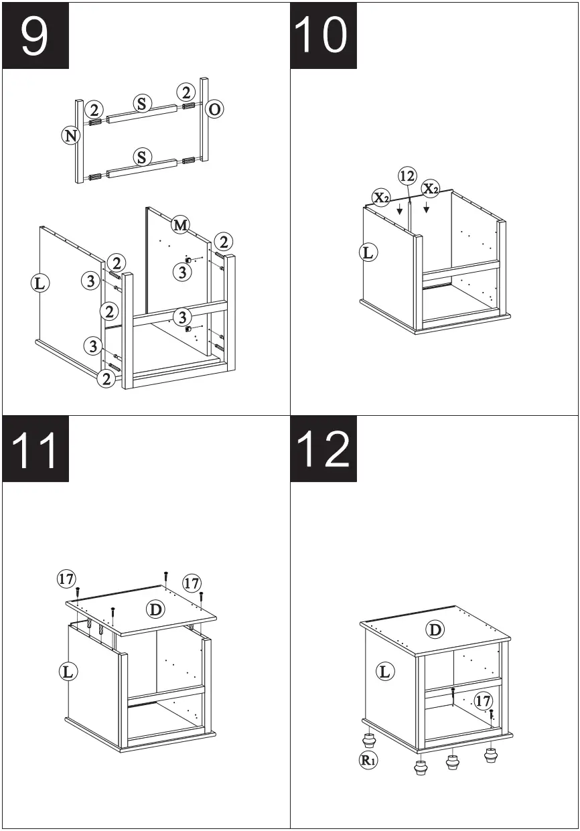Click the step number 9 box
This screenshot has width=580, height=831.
coord(35,35)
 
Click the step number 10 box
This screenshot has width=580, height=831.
coord(323,35)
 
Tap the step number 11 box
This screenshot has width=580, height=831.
coord(35,449)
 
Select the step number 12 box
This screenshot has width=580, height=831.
coord(323,449)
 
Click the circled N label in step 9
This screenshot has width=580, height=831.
coord(70,136)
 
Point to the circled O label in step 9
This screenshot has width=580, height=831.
coord(214,109)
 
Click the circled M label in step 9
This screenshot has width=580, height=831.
coord(180,225)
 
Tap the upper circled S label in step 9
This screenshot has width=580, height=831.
coord(142,104)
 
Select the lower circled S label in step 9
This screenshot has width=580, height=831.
coord(142,157)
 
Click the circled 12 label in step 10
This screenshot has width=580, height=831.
coord(407,176)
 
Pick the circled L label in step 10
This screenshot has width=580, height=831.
coord(368,252)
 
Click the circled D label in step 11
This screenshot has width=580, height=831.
coord(155,609)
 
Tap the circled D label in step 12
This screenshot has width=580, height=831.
coord(435,629)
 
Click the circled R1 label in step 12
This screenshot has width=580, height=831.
coord(368,760)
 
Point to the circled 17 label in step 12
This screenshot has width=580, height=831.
coord(483,701)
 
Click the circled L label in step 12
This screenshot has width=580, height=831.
coord(384,672)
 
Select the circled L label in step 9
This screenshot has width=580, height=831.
coord(40,283)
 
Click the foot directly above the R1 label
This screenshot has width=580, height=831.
coord(368,740)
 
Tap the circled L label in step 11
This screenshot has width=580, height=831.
coord(68,671)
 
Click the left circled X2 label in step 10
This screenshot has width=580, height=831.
coord(382,198)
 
